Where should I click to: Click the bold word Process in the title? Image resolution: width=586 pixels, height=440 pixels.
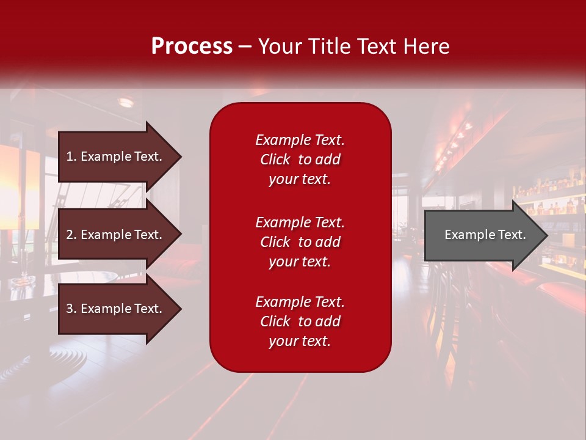[x=192, y=46]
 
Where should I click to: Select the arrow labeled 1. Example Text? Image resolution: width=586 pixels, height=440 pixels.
[x=116, y=156]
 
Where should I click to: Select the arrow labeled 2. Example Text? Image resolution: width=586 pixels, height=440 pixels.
[x=116, y=235]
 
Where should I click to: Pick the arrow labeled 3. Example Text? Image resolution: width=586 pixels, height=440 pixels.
[x=116, y=309]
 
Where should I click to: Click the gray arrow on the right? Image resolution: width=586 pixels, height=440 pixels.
[x=482, y=235]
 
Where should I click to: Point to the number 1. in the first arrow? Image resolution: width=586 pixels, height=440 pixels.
[x=71, y=156]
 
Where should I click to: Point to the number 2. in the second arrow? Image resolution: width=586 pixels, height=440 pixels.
[x=71, y=235]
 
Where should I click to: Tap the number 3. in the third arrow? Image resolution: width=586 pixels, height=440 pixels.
[x=71, y=309]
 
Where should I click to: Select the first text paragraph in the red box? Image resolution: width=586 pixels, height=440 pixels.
[x=300, y=159]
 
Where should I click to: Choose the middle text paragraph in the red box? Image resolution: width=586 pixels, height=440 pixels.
[x=300, y=242]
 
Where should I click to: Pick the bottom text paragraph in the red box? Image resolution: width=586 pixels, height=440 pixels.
[x=300, y=321]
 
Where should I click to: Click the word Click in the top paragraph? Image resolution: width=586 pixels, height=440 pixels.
[x=275, y=159]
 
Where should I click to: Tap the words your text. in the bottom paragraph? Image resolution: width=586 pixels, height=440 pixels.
[x=300, y=341]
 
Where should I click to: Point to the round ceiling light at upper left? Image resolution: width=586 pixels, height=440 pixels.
[x=126, y=102]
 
